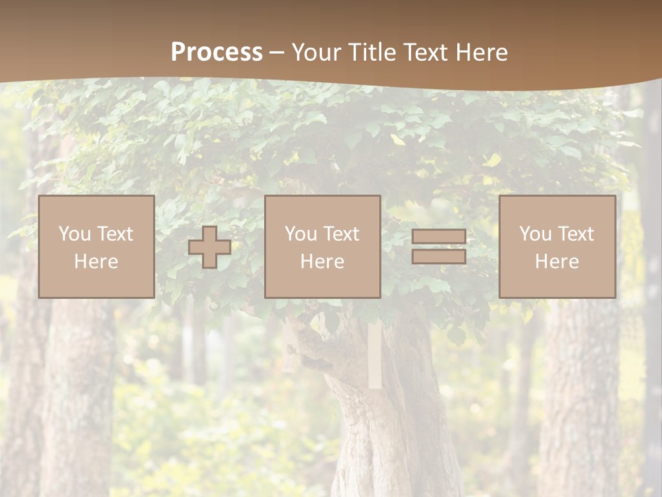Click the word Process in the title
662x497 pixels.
(x=217, y=52)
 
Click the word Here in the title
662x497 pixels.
(x=483, y=52)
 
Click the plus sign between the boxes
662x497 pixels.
(x=210, y=247)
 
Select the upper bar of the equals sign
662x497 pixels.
(x=439, y=236)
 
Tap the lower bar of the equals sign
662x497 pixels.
(x=439, y=257)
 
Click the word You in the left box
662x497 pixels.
(x=74, y=234)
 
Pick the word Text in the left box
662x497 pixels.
(x=114, y=234)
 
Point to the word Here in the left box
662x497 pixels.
(x=96, y=262)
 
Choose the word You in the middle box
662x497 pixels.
(x=301, y=234)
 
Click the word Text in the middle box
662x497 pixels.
(x=341, y=234)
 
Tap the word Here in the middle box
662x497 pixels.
(x=322, y=262)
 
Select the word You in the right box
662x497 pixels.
(x=535, y=234)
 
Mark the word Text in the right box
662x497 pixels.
(x=575, y=234)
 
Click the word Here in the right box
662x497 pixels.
(x=556, y=262)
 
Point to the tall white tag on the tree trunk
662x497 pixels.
(x=375, y=355)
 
